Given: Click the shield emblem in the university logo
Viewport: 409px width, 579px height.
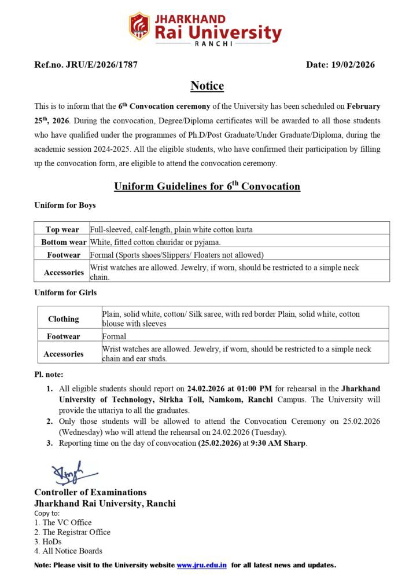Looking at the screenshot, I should click(x=139, y=26).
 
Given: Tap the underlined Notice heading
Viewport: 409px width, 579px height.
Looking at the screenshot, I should click(x=207, y=86).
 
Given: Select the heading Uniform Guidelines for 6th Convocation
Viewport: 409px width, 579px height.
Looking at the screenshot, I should click(x=207, y=186).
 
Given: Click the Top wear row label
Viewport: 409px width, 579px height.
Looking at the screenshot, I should click(x=63, y=229).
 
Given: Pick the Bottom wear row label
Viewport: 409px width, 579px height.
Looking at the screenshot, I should click(x=64, y=242).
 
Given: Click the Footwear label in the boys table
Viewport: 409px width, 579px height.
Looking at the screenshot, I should click(x=64, y=255).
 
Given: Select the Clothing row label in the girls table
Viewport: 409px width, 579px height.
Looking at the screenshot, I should click(x=64, y=319).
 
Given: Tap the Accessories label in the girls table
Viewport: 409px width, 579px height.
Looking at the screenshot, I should click(x=64, y=354).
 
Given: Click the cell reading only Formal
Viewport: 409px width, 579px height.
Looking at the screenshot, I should click(x=114, y=336).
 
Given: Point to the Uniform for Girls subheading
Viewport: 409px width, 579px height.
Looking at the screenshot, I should click(x=65, y=292).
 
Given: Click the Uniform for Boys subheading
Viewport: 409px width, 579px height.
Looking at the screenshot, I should click(x=65, y=206).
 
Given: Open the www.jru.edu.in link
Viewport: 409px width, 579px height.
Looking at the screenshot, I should click(x=201, y=565).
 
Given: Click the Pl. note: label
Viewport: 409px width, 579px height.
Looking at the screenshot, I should click(x=49, y=375).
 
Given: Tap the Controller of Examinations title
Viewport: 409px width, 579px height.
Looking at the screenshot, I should click(x=90, y=492).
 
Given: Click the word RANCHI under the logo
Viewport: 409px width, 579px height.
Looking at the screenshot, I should click(x=213, y=43).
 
